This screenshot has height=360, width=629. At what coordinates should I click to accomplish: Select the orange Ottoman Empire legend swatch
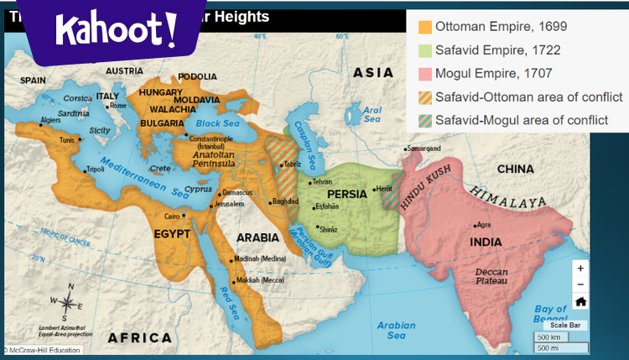pyautogui.click(x=425, y=27)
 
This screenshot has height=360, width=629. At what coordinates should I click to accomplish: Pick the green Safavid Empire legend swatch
pyautogui.click(x=425, y=50)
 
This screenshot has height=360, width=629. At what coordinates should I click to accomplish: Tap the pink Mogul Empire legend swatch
pyautogui.click(x=425, y=74)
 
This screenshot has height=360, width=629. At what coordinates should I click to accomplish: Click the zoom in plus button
pyautogui.click(x=580, y=269)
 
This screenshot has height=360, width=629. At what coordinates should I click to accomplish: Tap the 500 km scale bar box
pyautogui.click(x=549, y=337)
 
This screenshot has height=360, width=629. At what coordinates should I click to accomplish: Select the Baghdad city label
pyautogui.click(x=285, y=201)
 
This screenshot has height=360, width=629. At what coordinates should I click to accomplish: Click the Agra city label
pyautogui.click(x=483, y=224)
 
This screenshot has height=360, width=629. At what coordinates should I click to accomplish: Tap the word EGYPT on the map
pyautogui.click(x=172, y=232)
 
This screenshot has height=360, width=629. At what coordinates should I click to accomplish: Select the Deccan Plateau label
pyautogui.click(x=491, y=278)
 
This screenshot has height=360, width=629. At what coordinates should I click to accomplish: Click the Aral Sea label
pyautogui.click(x=372, y=115)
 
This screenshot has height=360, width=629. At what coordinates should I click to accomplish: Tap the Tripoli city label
pyautogui.click(x=95, y=169)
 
